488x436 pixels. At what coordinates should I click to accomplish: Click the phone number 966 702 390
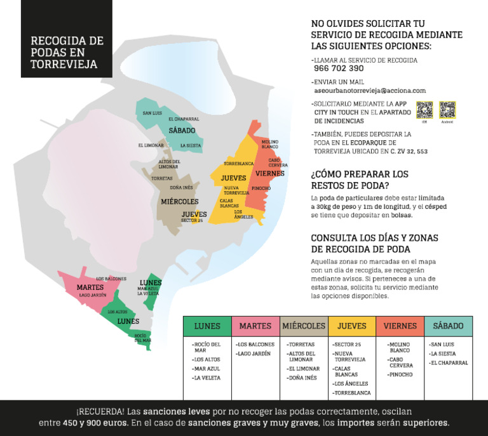tap(339, 69)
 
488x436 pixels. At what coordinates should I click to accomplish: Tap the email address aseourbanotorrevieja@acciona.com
tap(370, 91)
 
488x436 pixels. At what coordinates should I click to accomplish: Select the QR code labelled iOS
tap(424, 110)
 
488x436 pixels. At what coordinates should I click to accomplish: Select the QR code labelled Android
tap(447, 110)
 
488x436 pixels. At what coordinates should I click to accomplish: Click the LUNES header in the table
tap(207, 326)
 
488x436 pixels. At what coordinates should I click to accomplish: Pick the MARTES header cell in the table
tap(255, 326)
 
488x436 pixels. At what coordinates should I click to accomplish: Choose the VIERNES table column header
tap(400, 326)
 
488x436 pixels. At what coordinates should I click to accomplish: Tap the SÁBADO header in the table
tap(448, 326)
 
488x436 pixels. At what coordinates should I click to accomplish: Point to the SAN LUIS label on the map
tap(152, 114)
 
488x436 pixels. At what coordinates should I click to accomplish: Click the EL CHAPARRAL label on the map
tap(184, 119)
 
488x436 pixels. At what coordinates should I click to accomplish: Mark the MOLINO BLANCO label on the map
tap(270, 144)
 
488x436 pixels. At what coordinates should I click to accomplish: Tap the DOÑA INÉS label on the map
tap(181, 187)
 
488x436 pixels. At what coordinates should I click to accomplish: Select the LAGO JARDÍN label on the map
tap(93, 295)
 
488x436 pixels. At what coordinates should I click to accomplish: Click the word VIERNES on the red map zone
tap(270, 173)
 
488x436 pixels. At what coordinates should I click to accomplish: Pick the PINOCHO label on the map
tap(261, 188)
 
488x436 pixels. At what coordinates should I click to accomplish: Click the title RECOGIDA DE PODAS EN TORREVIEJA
tap(66, 52)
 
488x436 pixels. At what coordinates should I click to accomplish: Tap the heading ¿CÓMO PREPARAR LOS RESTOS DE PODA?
tap(360, 180)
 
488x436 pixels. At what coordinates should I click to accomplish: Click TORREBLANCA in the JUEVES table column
tap(352, 393)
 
